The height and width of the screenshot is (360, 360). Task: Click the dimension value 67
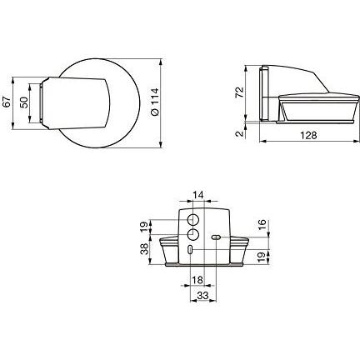tap(9, 102)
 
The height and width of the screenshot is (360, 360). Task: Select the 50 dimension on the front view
tap(24, 102)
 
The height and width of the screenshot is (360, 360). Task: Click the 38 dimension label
tap(143, 247)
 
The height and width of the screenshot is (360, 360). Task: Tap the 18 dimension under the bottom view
tap(198, 282)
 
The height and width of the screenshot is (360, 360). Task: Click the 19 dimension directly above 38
tap(143, 226)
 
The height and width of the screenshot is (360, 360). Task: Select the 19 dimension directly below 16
tap(262, 256)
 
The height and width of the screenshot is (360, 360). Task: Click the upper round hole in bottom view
tap(193, 219)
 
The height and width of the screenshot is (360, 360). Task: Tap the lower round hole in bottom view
tap(192, 236)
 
